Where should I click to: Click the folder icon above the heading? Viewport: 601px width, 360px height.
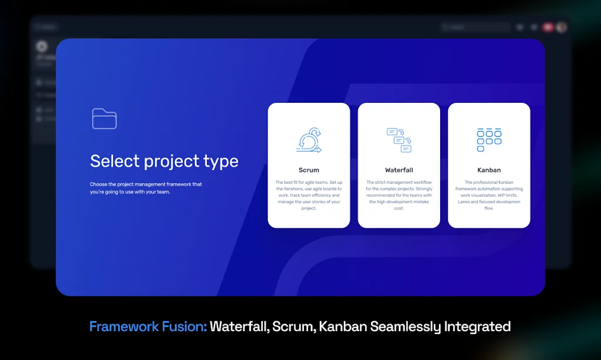[104, 119]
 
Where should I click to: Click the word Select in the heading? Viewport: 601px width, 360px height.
[115, 161]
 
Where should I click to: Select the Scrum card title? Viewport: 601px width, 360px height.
[309, 170]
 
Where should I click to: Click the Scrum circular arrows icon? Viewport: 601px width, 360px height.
[309, 141]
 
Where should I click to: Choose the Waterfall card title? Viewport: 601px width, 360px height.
[399, 170]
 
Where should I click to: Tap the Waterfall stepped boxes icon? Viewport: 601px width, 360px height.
[399, 140]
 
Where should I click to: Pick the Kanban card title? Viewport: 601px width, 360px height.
[489, 170]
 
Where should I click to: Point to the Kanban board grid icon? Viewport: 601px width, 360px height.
[489, 140]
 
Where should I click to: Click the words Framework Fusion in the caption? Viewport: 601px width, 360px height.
[148, 327]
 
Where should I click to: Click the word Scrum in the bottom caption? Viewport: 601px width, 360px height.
[293, 327]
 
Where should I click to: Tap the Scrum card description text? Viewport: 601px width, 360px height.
[309, 195]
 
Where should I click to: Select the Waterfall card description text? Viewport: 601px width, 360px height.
[399, 195]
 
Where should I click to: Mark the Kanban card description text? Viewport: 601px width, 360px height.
[489, 195]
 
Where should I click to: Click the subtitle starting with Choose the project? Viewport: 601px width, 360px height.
[146, 188]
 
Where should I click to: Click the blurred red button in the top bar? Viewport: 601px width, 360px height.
[548, 27]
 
